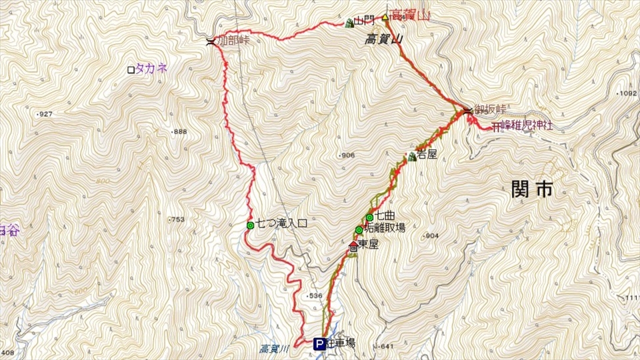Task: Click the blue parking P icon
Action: [319, 344]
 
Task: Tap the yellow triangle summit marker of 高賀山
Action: [385, 17]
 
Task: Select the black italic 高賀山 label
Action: [385, 40]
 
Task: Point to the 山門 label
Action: [366, 22]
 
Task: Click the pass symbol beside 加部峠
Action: [211, 42]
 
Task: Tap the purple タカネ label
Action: [151, 68]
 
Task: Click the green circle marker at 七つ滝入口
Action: [250, 225]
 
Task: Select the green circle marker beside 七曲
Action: [369, 217]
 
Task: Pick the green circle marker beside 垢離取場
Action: [359, 230]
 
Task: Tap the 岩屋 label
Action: [427, 155]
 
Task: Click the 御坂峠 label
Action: [490, 109]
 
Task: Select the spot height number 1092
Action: [628, 93]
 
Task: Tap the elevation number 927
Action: [45, 114]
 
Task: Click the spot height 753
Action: [177, 220]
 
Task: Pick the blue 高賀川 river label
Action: [273, 348]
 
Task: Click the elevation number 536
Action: [315, 295]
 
